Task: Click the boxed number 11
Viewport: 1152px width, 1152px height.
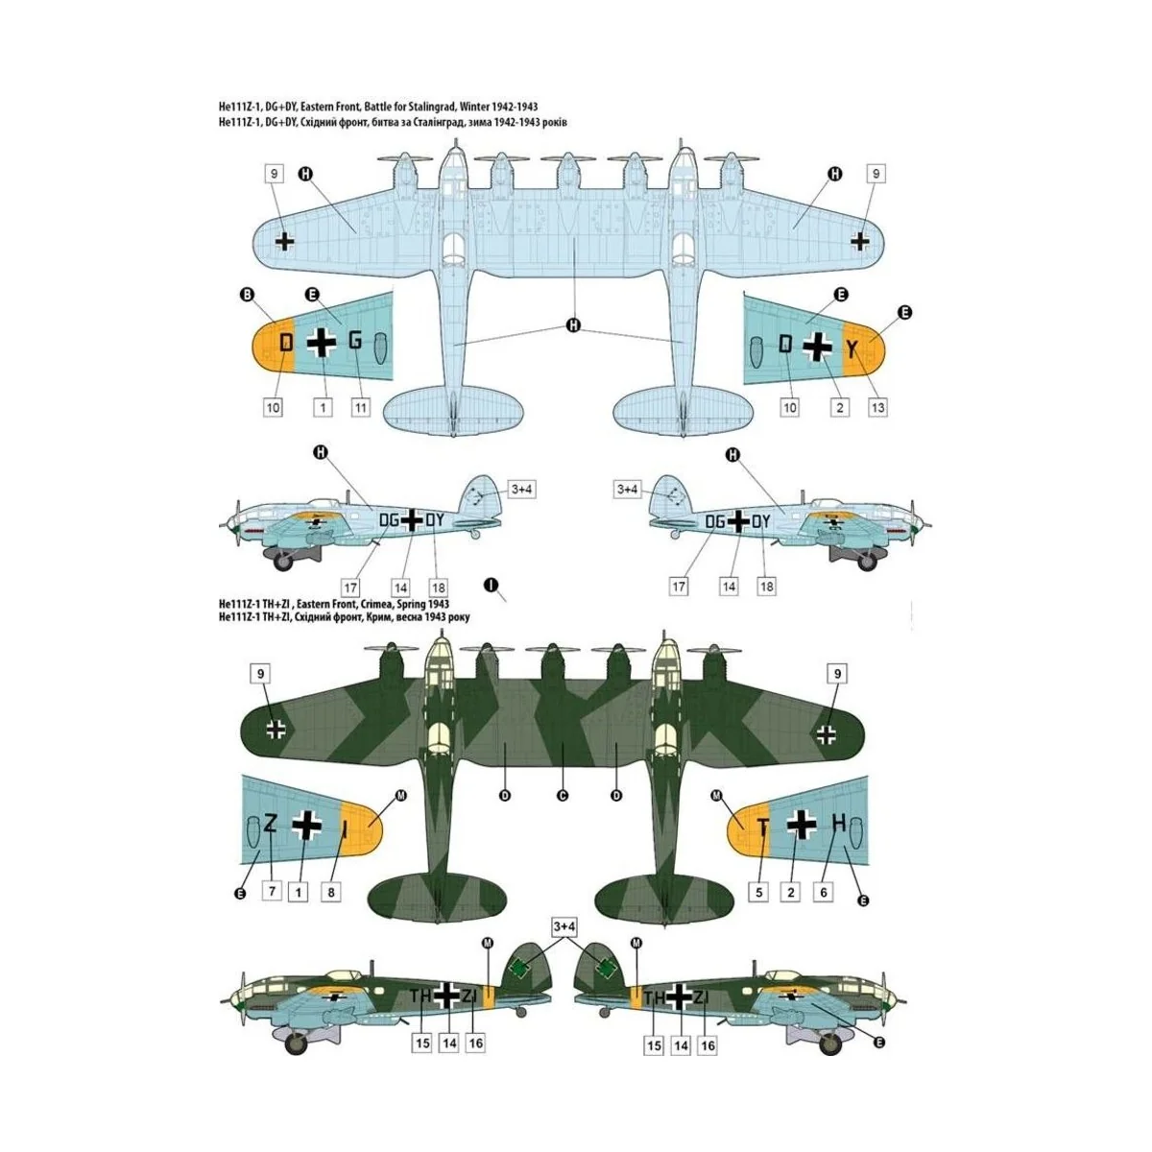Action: pyautogui.click(x=360, y=407)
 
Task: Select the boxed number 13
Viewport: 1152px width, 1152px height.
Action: pyautogui.click(x=876, y=407)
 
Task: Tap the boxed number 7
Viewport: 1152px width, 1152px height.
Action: pyautogui.click(x=273, y=891)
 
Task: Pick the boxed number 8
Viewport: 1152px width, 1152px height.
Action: pyautogui.click(x=330, y=892)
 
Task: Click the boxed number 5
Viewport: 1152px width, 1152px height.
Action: pyautogui.click(x=758, y=892)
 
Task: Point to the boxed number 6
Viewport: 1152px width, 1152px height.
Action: pyautogui.click(x=823, y=892)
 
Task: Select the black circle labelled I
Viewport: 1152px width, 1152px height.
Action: pyautogui.click(x=491, y=584)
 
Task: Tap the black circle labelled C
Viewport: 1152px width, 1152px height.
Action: pyautogui.click(x=563, y=795)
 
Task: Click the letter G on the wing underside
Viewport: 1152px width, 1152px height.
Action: pyautogui.click(x=355, y=341)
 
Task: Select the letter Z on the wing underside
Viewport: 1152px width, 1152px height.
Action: pyautogui.click(x=271, y=823)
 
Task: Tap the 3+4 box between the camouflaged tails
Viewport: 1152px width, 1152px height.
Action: pyautogui.click(x=564, y=926)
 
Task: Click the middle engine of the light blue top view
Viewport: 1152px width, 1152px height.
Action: pyautogui.click(x=564, y=173)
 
